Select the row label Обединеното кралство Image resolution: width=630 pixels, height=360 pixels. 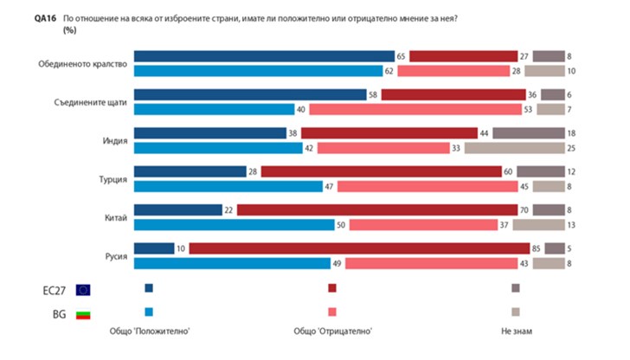tap(84, 63)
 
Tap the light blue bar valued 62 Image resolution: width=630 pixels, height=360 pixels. tap(258, 71)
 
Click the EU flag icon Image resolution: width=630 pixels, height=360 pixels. tap(83, 289)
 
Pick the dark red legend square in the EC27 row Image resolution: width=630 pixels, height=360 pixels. tap(332, 288)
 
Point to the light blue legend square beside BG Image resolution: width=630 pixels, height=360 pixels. tap(149, 312)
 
